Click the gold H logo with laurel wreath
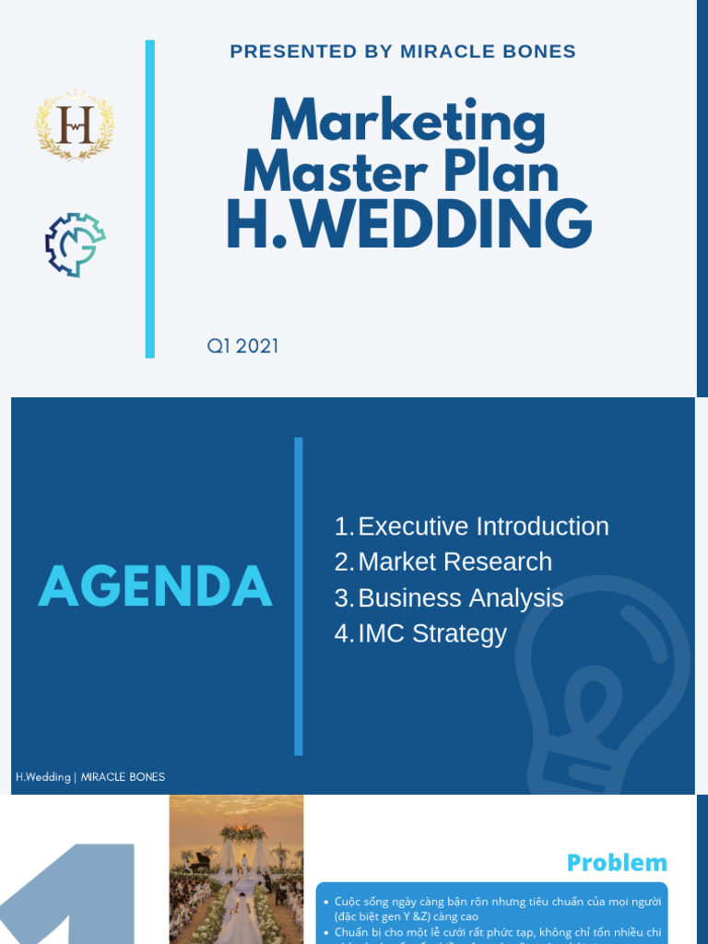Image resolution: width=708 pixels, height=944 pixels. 76,126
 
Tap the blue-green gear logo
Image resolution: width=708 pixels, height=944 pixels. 76,244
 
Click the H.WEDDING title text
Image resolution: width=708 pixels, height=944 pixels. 408,224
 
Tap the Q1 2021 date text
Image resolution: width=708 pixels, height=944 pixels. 242,347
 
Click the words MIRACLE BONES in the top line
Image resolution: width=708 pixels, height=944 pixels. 488,52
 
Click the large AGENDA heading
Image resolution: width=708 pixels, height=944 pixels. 155,587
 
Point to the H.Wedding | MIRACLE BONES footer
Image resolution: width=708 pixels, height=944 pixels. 90,777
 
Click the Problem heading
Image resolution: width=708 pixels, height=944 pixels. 617,863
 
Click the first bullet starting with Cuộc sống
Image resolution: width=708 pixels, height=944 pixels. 498,908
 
